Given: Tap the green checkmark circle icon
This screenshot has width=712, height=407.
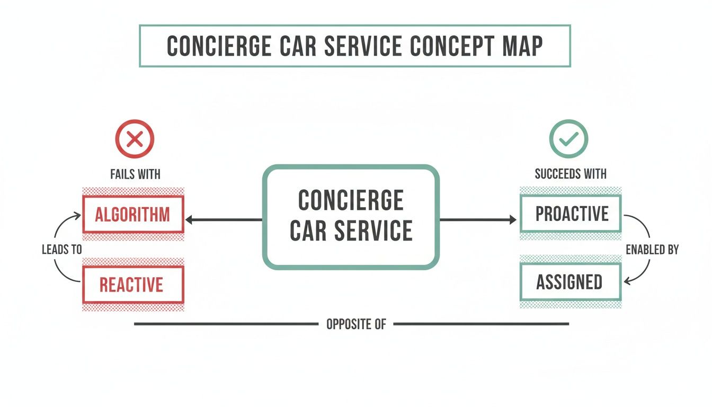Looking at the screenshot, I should click(568, 139).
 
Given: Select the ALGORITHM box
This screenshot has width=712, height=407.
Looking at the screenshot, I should click(133, 215).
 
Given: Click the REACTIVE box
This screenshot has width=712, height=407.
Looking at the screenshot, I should click(133, 285).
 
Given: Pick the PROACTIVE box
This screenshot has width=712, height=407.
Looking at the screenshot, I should click(571, 214).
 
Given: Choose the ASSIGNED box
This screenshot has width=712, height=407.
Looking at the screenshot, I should click(571, 282).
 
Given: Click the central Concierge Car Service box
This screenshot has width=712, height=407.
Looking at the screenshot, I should click(351, 216).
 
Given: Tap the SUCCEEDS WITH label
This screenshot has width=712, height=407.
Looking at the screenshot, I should click(571, 174).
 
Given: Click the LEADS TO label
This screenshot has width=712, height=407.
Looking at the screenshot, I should click(62, 249).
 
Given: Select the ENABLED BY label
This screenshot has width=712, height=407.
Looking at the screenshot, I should click(652, 249).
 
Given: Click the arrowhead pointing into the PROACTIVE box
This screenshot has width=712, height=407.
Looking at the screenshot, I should click(512, 219).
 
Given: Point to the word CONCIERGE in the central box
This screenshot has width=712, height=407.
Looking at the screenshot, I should click(351, 201).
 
